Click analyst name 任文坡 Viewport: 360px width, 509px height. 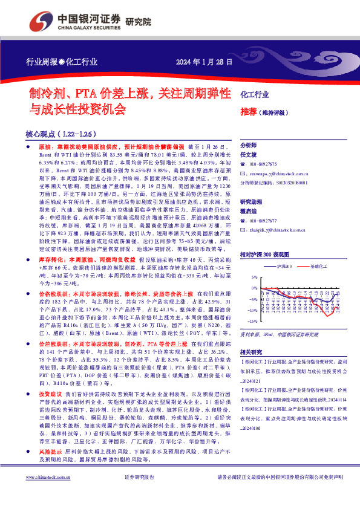(249, 154)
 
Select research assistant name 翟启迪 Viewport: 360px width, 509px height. (249, 211)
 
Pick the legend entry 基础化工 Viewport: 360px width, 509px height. (319, 265)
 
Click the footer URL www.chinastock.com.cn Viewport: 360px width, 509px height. (45, 494)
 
